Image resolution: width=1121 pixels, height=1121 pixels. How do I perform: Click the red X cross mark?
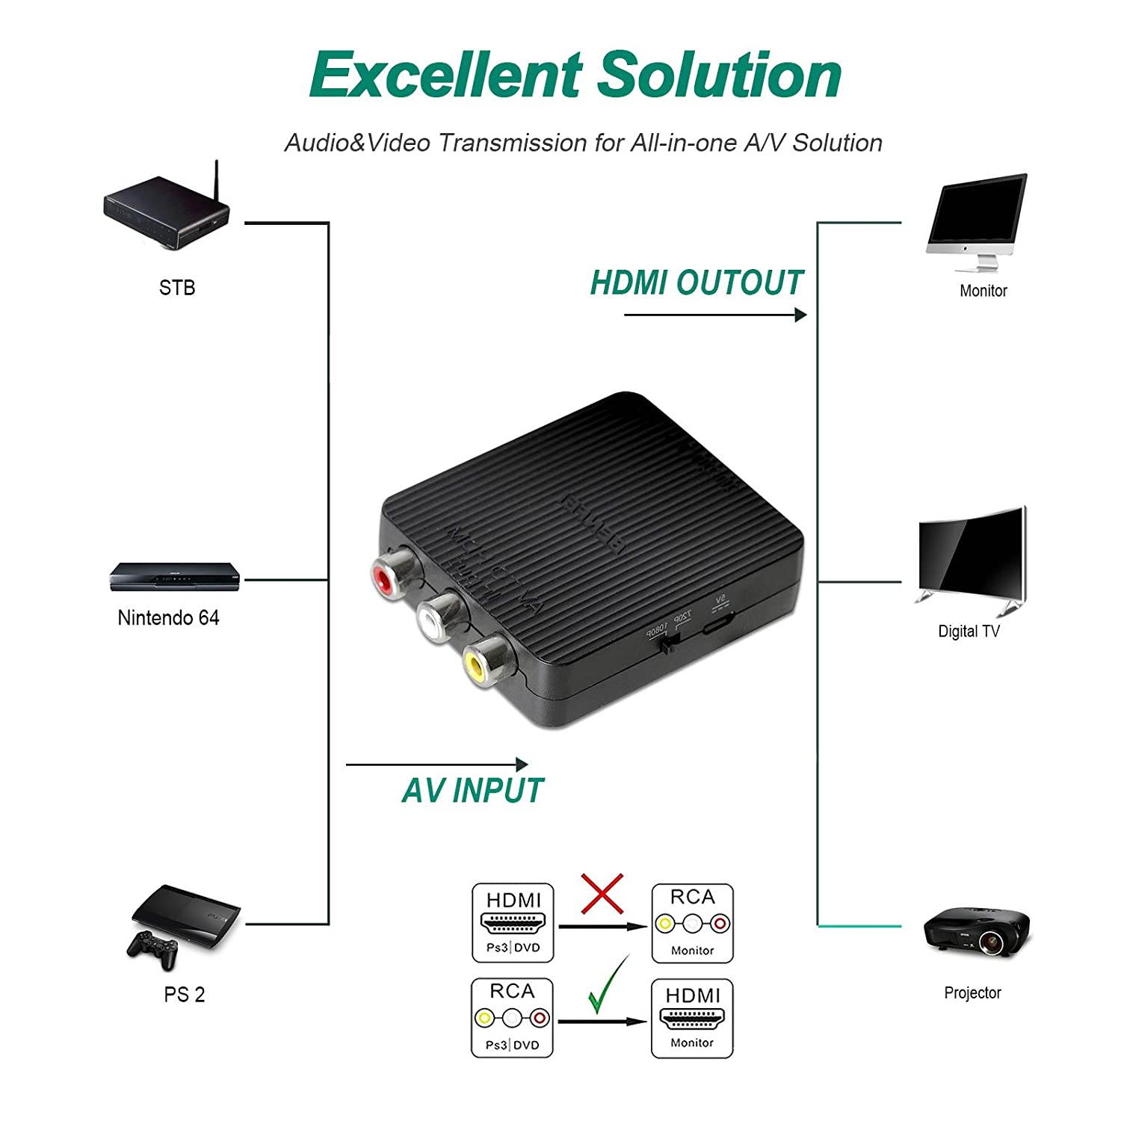(x=602, y=893)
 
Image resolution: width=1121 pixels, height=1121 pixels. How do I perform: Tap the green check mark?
(x=608, y=985)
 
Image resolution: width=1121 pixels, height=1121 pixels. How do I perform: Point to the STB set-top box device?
(x=166, y=215)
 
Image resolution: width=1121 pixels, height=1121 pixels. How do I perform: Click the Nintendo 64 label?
(x=168, y=617)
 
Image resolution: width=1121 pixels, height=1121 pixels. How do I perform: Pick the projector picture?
(x=975, y=930)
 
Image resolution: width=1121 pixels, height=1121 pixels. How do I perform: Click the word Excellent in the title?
(x=445, y=75)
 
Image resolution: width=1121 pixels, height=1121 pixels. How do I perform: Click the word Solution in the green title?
(x=720, y=75)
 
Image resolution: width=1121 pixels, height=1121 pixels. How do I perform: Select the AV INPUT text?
(x=472, y=791)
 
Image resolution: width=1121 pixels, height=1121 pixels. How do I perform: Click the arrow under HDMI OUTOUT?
(x=715, y=315)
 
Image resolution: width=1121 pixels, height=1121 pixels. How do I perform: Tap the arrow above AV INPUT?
(x=437, y=765)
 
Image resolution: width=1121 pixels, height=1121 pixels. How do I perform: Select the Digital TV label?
(x=969, y=631)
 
